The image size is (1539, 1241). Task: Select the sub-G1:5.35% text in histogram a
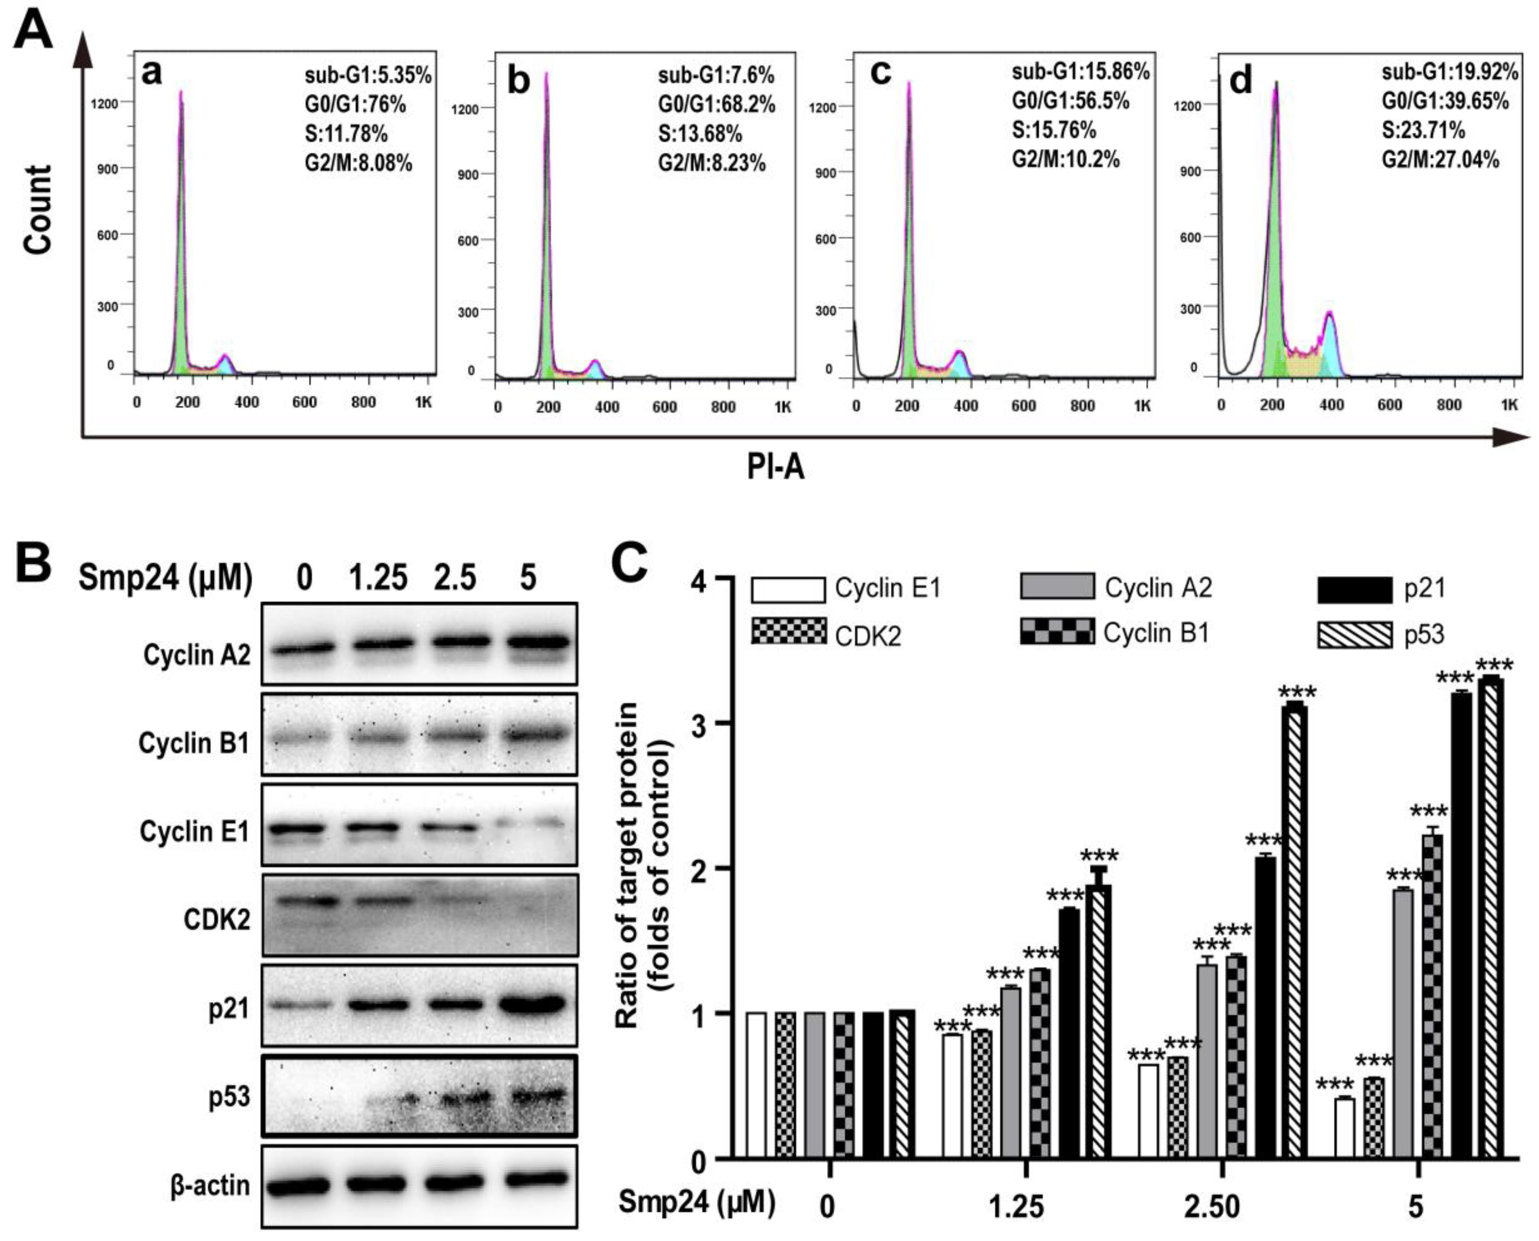point(367,75)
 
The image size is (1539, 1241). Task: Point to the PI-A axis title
point(775,468)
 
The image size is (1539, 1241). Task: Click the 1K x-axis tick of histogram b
point(783,407)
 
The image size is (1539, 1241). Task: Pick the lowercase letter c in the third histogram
point(880,73)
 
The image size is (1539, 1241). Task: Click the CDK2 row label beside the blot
point(217,919)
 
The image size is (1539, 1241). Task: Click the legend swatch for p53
point(1354,635)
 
